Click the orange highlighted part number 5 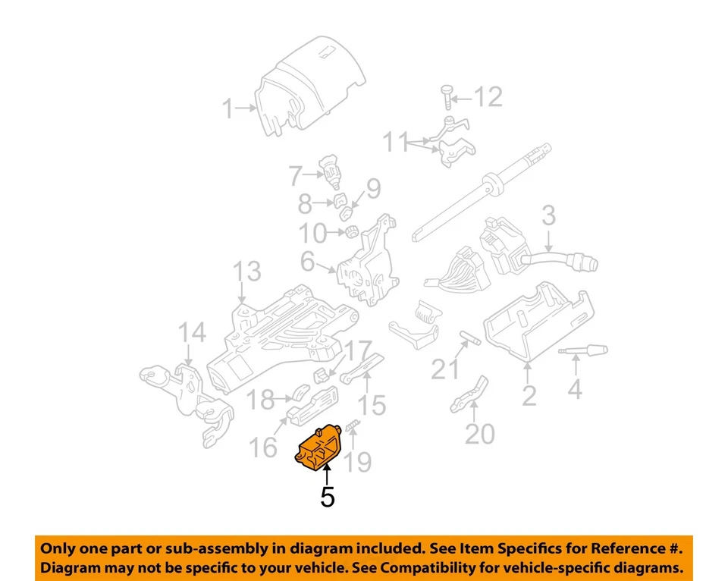(319, 448)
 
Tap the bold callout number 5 (327, 497)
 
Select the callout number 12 (488, 96)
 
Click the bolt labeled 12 (447, 96)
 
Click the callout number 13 (246, 272)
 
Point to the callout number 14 (191, 334)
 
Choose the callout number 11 (394, 142)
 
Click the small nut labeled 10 (351, 231)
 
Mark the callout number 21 (446, 369)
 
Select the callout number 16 (265, 447)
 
